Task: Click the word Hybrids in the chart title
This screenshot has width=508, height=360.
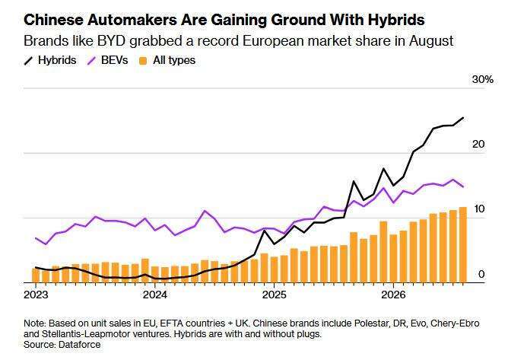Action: pos(396,20)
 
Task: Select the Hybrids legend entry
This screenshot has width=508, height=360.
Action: pos(50,60)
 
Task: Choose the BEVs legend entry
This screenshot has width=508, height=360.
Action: pos(108,60)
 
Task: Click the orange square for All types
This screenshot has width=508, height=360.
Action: pos(143,61)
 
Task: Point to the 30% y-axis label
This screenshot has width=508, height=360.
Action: pos(482,79)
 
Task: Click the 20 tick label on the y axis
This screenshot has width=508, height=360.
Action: pos(478,144)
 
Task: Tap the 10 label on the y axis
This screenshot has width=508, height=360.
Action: pos(479,209)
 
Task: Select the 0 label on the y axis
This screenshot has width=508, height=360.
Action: pos(481,274)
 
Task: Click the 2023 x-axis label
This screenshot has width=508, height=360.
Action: pos(36,295)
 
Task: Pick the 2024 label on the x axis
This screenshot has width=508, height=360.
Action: pos(155,295)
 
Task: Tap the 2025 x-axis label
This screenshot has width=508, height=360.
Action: pos(274,295)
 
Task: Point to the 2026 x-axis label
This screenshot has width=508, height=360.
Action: pos(393,295)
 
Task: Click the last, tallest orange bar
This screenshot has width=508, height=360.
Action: pos(463,245)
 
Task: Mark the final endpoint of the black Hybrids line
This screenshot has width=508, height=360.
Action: pos(463,118)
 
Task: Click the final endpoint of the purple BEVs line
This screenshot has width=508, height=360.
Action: pos(463,186)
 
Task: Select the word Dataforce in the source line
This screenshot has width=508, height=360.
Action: pos(79,345)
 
